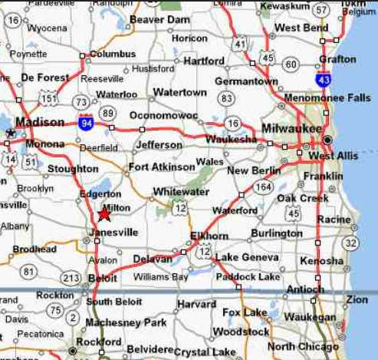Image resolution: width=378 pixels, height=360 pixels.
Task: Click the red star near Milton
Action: pos(105,216)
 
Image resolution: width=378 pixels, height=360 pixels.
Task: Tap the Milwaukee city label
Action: pos(291,128)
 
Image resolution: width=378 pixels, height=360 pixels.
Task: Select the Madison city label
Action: pos(40,122)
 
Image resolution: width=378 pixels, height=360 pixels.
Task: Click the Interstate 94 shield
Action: pos(86,121)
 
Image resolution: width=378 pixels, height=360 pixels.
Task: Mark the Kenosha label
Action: pos(321,261)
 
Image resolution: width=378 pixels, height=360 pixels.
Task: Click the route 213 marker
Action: pos(71,277)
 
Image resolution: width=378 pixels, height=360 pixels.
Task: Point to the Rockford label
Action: pos(99,342)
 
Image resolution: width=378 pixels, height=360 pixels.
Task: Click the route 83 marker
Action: pos(225,98)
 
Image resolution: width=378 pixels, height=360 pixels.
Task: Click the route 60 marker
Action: pos(291,64)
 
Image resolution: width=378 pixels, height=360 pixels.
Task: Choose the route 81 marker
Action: pos(28,271)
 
